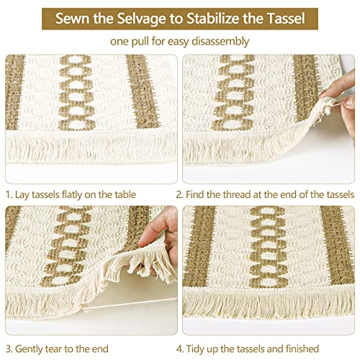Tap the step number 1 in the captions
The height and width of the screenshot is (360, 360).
tap(8, 194)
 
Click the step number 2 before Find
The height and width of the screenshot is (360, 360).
tap(188, 194)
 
